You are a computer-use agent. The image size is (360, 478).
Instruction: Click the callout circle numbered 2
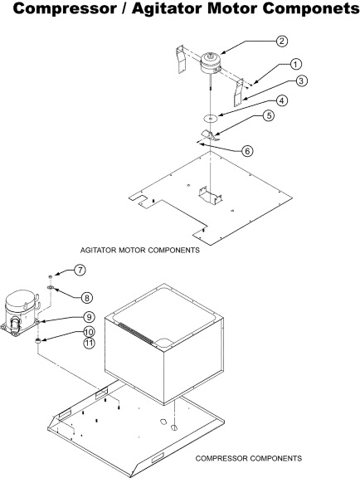pyautogui.click(x=282, y=41)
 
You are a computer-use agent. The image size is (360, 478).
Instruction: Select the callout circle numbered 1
pyautogui.click(x=295, y=65)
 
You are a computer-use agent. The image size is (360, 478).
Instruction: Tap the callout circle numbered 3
pyautogui.click(x=301, y=81)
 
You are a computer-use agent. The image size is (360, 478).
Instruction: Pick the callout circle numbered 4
pyautogui.click(x=282, y=100)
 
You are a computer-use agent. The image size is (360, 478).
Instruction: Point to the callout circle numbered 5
pyautogui.click(x=269, y=115)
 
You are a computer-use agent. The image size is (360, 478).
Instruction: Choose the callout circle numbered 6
pyautogui.click(x=247, y=151)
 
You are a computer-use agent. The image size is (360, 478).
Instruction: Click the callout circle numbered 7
pyautogui.click(x=80, y=270)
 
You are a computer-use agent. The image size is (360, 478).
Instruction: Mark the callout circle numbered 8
pyautogui.click(x=87, y=298)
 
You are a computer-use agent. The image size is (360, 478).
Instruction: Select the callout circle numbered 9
pyautogui.click(x=89, y=317)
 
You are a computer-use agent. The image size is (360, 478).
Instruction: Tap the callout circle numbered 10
pyautogui.click(x=89, y=332)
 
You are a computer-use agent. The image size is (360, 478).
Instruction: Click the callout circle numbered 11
pyautogui.click(x=89, y=343)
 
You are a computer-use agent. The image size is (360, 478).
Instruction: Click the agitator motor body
pyautogui.click(x=211, y=63)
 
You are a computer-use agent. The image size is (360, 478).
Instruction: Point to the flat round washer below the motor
pyautogui.click(x=211, y=118)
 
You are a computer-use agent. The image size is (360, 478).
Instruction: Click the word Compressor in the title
pyautogui.click(x=65, y=9)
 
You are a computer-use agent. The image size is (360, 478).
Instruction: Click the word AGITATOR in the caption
pyautogui.click(x=98, y=250)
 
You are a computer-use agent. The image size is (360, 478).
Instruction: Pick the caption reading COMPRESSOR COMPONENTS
pyautogui.click(x=249, y=458)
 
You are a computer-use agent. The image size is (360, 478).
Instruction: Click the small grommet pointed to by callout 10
pyautogui.click(x=38, y=341)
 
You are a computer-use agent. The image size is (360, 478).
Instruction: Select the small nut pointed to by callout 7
pyautogui.click(x=51, y=276)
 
